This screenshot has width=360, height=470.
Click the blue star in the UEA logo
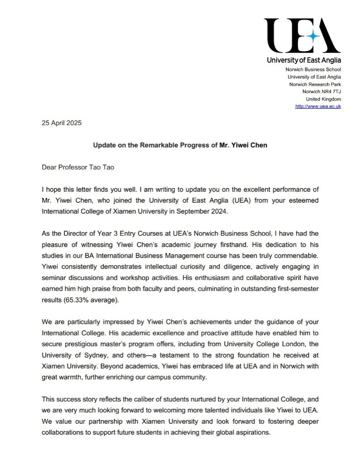pos(313,37)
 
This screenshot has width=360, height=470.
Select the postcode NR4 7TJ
pos(330,92)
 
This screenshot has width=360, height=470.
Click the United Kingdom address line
pos(323,99)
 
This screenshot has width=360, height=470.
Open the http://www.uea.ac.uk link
pos(318,106)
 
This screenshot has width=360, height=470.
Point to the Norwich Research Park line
pos(315,84)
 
